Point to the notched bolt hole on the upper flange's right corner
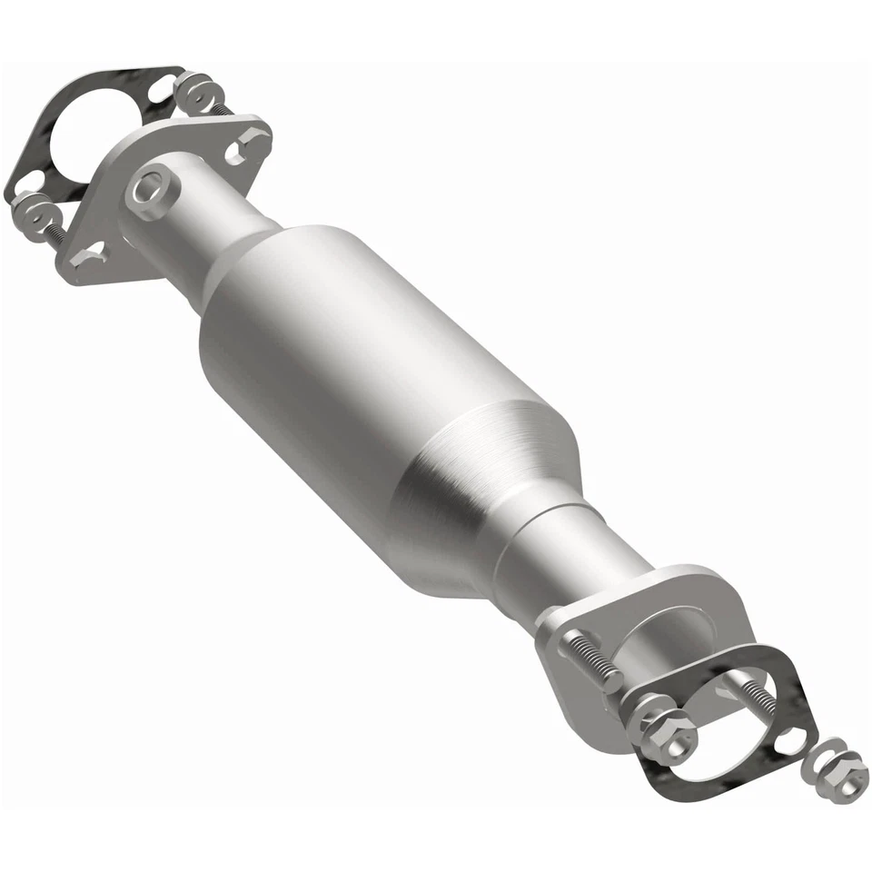pos(251,143)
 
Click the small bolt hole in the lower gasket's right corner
pos(788,739)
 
